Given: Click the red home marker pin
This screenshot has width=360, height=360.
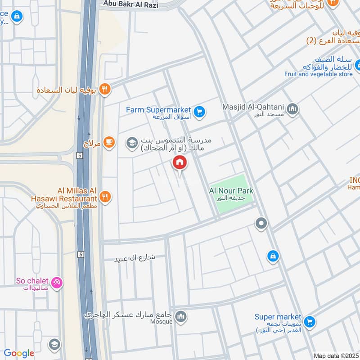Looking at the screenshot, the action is point(179,162).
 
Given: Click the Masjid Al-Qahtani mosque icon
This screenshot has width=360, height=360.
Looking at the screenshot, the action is point(293,109).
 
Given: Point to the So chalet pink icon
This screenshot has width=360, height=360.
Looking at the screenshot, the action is point(57,283).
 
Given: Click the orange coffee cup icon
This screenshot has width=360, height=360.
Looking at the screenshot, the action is point(108,143).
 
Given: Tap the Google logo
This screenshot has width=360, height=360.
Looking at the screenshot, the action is point(19,353).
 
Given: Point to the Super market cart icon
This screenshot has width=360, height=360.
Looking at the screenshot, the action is point(309,321).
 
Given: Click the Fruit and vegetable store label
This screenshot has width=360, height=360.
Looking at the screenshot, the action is point(318,74).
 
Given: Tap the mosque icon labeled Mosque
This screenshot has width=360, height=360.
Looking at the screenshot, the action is point(181,317).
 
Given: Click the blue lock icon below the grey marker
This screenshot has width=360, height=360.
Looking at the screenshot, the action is point(272,256).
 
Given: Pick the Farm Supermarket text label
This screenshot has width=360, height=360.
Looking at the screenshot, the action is point(158,109).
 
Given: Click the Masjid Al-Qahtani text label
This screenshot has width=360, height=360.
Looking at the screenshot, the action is point(253,107).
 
